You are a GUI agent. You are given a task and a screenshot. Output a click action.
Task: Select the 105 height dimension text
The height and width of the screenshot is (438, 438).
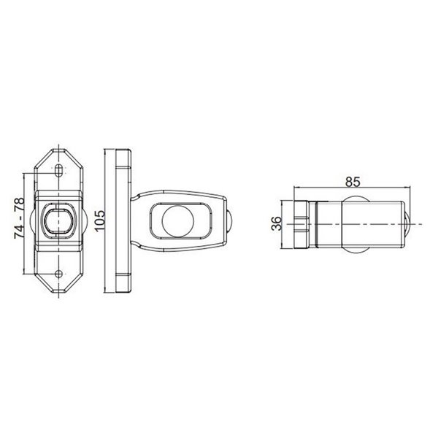[101, 219]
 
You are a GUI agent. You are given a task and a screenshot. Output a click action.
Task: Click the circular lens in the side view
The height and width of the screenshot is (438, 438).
[176, 220]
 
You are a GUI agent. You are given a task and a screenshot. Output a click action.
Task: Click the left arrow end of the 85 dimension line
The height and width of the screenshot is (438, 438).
[293, 188]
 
